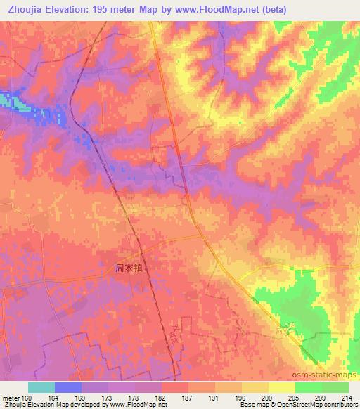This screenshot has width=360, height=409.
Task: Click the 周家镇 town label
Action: (133, 268)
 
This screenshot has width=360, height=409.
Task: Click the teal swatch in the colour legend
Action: (41, 387)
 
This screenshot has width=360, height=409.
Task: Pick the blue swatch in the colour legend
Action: (68, 387)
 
